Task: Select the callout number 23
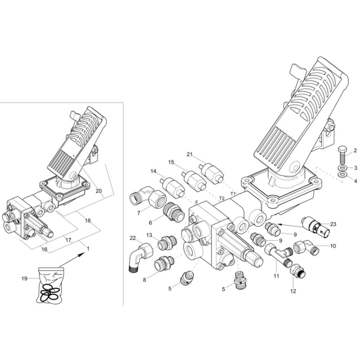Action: click(x=333, y=224)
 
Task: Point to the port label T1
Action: click(x=233, y=194)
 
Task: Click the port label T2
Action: click(x=221, y=198)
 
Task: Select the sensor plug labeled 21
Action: click(x=211, y=172)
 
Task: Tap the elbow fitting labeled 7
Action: click(x=147, y=197)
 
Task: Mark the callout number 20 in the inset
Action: click(x=99, y=191)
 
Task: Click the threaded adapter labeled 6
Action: click(x=174, y=211)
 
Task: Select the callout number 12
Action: click(x=293, y=291)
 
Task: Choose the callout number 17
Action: click(x=68, y=240)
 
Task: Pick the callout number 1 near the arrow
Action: click(x=88, y=249)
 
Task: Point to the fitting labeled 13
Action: click(x=167, y=242)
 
